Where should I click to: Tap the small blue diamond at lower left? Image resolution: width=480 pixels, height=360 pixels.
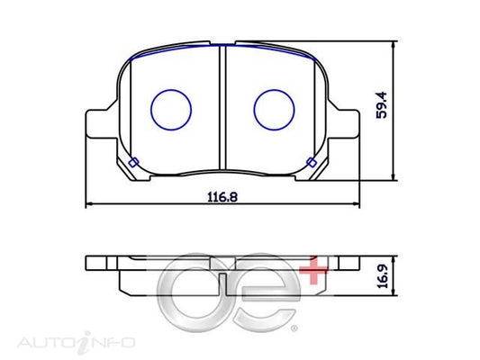pos(132,163)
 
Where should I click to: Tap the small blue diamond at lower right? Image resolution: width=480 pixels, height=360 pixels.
pos(312,163)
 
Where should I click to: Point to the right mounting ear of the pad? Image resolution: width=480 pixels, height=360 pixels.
pos(347,124)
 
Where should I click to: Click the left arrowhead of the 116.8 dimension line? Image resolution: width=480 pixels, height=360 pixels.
pos(88,206)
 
